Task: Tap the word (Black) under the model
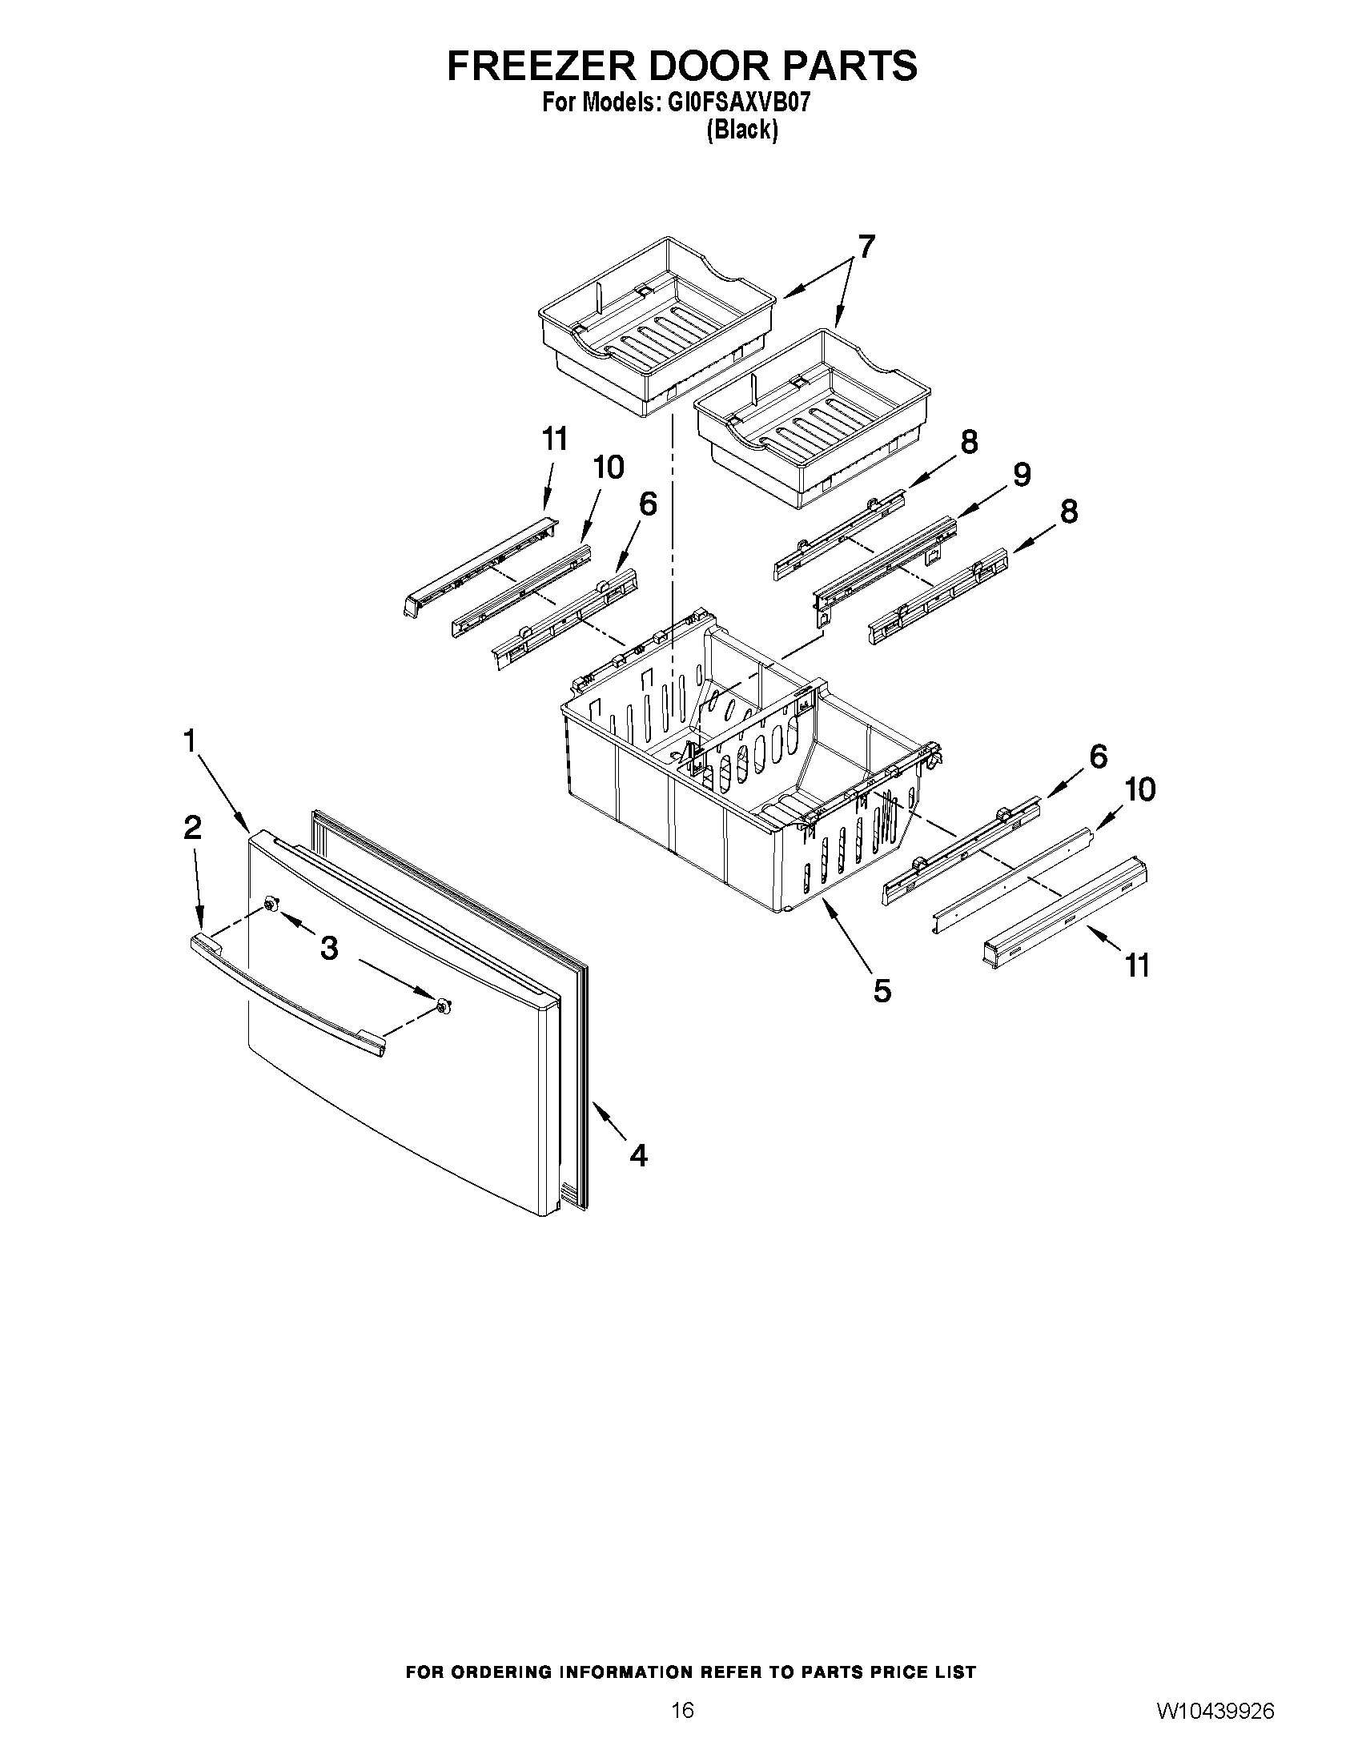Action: click(x=741, y=130)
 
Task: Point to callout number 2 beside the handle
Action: click(x=192, y=827)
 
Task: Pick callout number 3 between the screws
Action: click(x=328, y=949)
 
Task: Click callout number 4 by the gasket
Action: click(x=637, y=1156)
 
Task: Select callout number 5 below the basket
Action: click(x=882, y=990)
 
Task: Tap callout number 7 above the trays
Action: click(x=865, y=246)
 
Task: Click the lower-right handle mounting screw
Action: click(x=443, y=1005)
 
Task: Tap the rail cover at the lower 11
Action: click(x=1065, y=912)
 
